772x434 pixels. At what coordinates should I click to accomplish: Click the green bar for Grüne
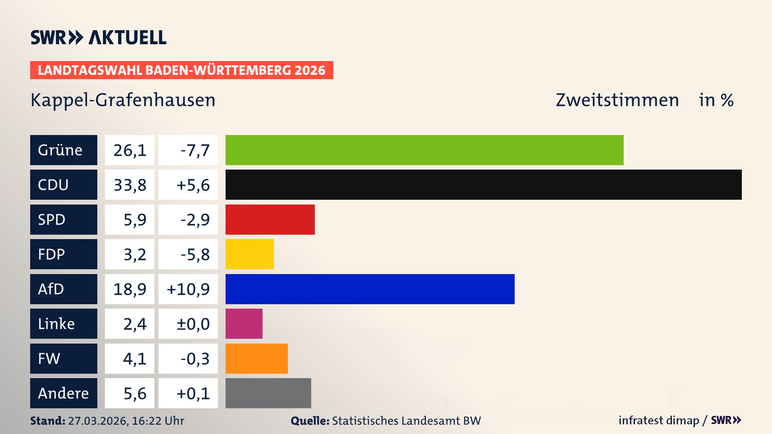pos(424,150)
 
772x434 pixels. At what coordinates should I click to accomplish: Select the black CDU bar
pos(483,184)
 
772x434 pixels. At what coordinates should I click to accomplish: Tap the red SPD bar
pos(270,219)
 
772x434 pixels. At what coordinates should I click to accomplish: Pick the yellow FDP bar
pos(249,254)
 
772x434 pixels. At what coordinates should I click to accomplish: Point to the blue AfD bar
pos(370,289)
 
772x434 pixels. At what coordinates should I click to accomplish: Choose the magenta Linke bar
pos(244,323)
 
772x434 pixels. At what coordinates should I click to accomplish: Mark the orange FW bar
pos(257,358)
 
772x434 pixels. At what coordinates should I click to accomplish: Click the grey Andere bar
pos(268,393)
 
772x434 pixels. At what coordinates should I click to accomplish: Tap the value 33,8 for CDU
pos(129,185)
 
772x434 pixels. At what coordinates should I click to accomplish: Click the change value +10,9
pos(188,289)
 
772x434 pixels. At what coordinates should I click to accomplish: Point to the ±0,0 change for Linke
pos(193,324)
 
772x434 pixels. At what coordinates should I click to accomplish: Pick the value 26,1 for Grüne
pos(129,150)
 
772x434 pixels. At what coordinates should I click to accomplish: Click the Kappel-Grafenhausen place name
pos(123,100)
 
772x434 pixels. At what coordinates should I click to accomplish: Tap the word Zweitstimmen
pos(617,100)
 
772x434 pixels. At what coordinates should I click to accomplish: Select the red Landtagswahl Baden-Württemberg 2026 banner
pos(181,70)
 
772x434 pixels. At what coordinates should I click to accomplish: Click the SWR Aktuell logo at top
pos(98,37)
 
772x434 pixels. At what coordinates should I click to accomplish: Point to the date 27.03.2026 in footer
pos(98,421)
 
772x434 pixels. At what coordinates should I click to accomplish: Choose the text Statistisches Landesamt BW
pos(406,421)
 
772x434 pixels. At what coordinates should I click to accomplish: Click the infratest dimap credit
pos(659,420)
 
